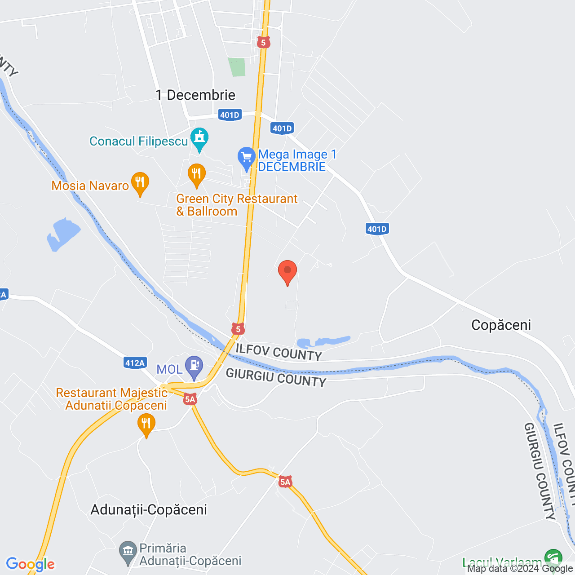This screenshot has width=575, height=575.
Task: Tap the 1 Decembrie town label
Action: (195, 95)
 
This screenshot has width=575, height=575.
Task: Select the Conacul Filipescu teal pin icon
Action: (199, 139)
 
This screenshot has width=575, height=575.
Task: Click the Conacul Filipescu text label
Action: (139, 142)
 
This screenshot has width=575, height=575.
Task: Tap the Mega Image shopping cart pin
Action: (246, 158)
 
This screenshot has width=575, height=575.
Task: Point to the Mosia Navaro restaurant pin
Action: (140, 183)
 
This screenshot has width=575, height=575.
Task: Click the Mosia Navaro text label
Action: (90, 186)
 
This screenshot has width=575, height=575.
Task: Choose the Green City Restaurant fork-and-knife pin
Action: (196, 174)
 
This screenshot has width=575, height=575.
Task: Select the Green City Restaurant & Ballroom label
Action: (237, 205)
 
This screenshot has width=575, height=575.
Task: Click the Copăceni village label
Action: (501, 325)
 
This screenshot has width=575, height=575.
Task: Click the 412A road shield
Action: (135, 363)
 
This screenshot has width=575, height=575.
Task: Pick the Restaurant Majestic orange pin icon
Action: (146, 425)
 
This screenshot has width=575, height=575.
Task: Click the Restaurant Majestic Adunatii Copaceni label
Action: (112, 399)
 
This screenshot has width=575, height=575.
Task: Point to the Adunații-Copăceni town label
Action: (149, 510)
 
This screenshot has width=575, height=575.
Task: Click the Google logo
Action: (31, 564)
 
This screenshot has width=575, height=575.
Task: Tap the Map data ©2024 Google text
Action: (520, 569)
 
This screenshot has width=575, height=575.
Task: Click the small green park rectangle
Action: (237, 67)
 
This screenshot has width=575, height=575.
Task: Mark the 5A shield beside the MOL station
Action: (190, 399)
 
